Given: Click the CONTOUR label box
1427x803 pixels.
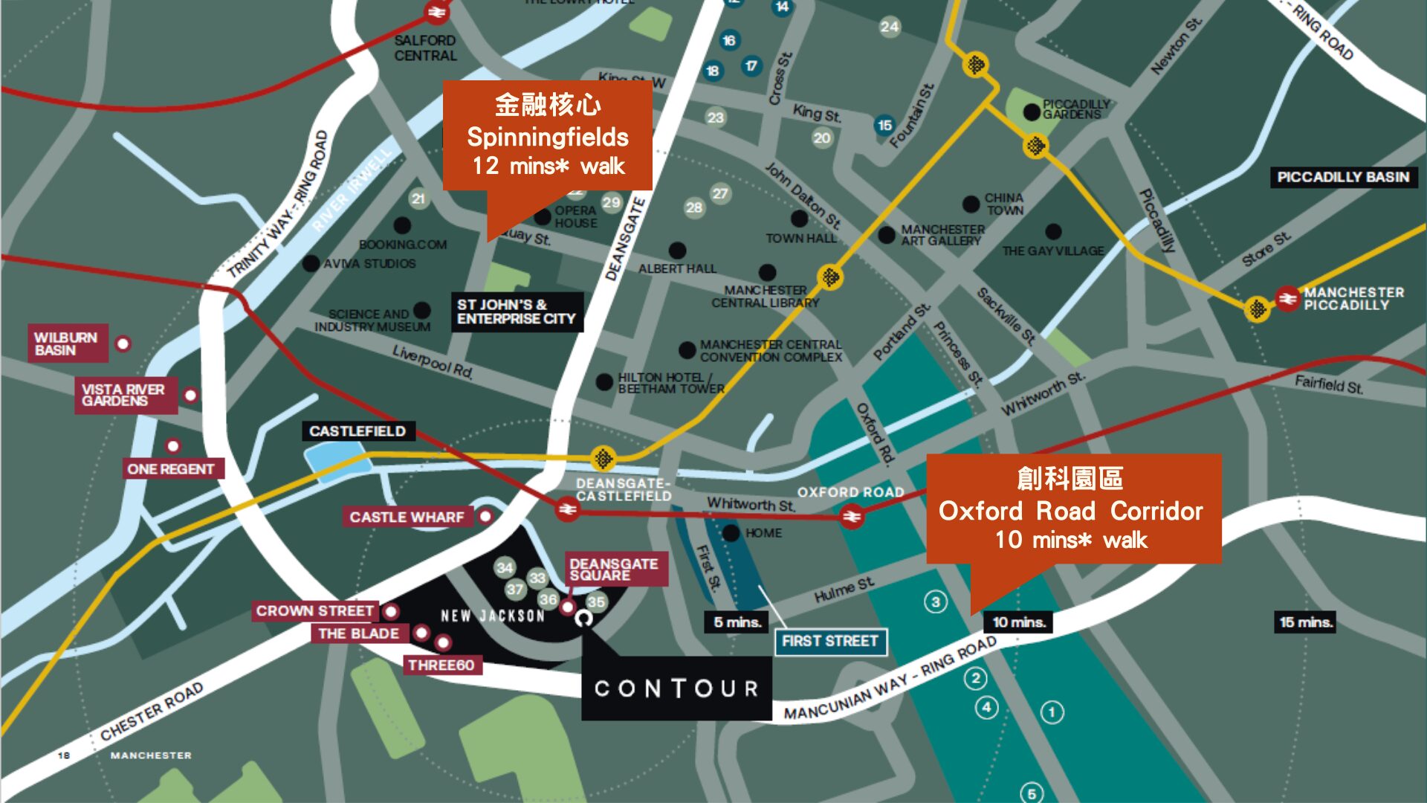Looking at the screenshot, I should [x=676, y=688].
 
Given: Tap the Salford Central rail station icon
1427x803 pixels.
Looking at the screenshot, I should [x=437, y=13].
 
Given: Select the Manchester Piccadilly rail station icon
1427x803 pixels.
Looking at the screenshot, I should [x=1287, y=298].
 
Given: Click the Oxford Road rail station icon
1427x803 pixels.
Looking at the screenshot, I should [x=852, y=516].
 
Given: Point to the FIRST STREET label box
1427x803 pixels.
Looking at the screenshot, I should [x=830, y=641].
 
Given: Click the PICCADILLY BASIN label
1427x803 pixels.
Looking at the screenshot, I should [x=1343, y=177].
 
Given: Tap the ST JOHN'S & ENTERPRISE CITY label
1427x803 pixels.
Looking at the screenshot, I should [x=516, y=312].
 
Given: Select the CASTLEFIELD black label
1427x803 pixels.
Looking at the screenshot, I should [x=357, y=431].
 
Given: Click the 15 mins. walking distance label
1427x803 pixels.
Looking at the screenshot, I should [x=1306, y=622].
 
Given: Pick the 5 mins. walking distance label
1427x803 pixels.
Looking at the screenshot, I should [x=737, y=622].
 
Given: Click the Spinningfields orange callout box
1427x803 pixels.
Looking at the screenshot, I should [x=548, y=135].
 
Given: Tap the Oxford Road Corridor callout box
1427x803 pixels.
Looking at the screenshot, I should [x=1072, y=509].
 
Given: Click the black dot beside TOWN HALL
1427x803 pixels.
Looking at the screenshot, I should [x=800, y=219].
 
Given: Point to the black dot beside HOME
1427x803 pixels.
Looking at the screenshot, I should [x=731, y=533].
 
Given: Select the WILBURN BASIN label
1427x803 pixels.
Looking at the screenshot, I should [x=67, y=344].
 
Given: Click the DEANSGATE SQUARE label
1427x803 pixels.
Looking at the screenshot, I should [x=615, y=570].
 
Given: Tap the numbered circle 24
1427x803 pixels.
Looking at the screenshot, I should [x=890, y=28].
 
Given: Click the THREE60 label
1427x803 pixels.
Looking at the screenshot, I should [x=441, y=665].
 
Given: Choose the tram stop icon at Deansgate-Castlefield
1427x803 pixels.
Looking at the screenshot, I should [x=604, y=459].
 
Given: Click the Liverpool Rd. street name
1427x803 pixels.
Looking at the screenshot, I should [x=433, y=361].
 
